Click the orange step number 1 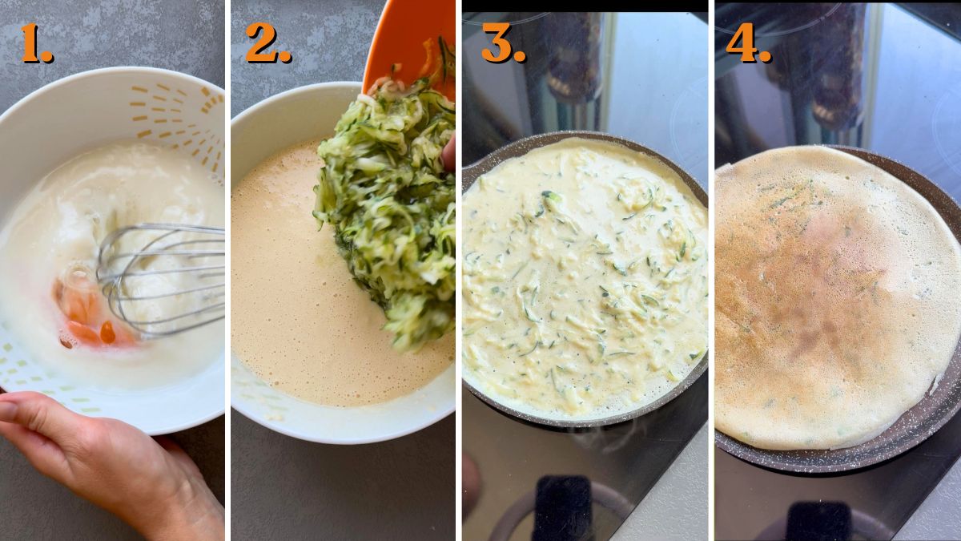[34, 43]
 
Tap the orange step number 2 [267, 43]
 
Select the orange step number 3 [503, 43]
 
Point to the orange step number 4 [748, 43]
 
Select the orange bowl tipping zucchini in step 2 [408, 36]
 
